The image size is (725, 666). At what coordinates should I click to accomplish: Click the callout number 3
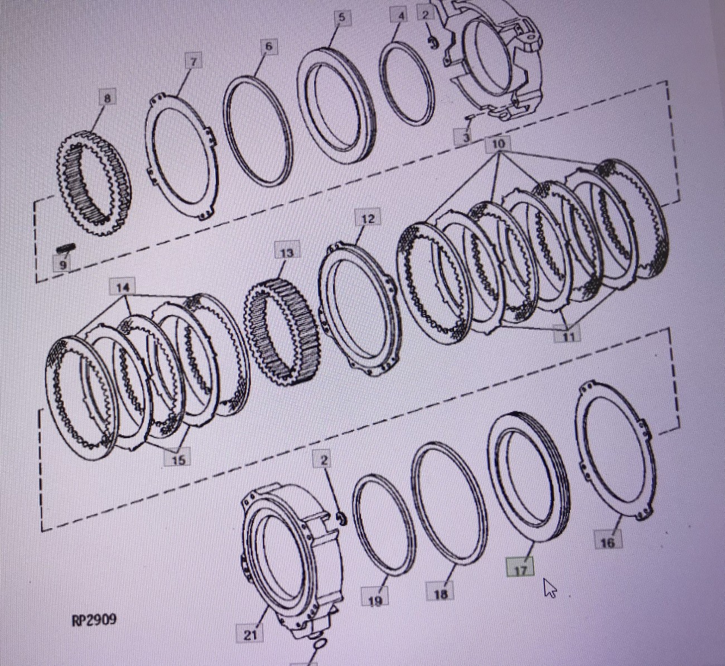pos(466,137)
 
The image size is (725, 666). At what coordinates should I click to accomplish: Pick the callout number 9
pos(63,265)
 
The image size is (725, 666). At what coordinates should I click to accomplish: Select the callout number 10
pos(498,144)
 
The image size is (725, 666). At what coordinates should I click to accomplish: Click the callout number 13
pos(287,253)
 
